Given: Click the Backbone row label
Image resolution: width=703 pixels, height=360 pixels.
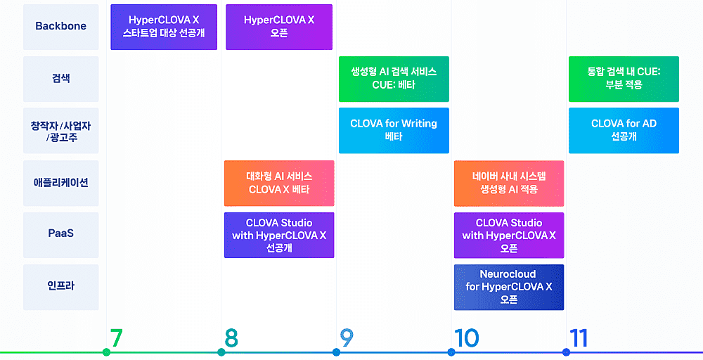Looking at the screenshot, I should pyautogui.click(x=60, y=27).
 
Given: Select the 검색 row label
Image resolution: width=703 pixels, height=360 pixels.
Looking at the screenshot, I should pyautogui.click(x=60, y=79).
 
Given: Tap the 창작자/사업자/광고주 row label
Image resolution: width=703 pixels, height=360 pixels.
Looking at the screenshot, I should pyautogui.click(x=60, y=131).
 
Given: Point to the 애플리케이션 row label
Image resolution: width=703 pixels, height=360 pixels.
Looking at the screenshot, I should pyautogui.click(x=60, y=183).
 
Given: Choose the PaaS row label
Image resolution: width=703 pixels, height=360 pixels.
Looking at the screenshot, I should pyautogui.click(x=60, y=235).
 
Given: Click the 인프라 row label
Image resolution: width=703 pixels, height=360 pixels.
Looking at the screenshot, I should pyautogui.click(x=60, y=287).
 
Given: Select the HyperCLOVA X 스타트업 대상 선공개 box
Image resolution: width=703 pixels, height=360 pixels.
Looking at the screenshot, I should pyautogui.click(x=164, y=27).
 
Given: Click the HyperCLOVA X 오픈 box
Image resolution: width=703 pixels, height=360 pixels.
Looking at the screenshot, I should pyautogui.click(x=279, y=27).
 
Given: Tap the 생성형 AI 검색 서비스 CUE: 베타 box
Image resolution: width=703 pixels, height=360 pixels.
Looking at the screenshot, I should pyautogui.click(x=394, y=79).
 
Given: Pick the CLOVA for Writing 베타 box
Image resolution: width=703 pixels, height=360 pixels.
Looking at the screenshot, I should pyautogui.click(x=394, y=130).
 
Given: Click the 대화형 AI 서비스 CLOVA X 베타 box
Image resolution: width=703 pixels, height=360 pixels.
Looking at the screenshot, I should pyautogui.click(x=279, y=183).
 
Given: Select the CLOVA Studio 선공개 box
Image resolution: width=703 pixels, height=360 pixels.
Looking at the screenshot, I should pyautogui.click(x=279, y=235).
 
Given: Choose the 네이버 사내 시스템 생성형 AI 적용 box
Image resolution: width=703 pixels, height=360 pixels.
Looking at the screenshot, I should pyautogui.click(x=509, y=183).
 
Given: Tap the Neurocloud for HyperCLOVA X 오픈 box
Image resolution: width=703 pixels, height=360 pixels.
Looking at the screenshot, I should pyautogui.click(x=509, y=287).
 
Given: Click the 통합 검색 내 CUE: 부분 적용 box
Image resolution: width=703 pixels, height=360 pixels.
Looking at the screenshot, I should pyautogui.click(x=624, y=79).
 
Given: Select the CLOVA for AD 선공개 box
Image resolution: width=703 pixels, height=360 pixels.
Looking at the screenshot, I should pyautogui.click(x=624, y=130).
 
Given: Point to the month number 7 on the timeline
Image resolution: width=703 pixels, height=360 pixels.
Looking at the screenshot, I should pyautogui.click(x=117, y=338).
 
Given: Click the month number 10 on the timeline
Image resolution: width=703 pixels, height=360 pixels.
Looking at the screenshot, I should pyautogui.click(x=467, y=338).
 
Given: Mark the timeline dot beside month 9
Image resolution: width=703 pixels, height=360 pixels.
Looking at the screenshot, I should pyautogui.click(x=336, y=352).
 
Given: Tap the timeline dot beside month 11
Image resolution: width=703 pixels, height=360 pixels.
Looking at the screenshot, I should pyautogui.click(x=566, y=352).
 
